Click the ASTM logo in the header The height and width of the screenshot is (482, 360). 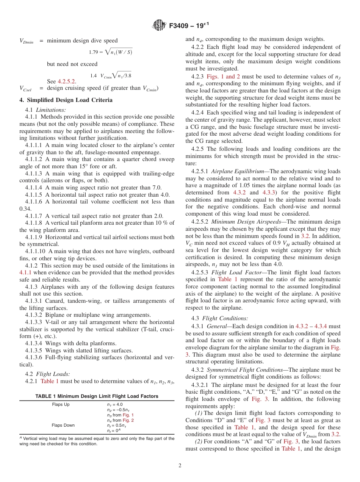(158, 25)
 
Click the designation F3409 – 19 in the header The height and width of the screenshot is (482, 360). (188, 26)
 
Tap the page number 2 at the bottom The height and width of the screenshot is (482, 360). (180, 466)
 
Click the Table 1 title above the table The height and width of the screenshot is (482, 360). (97, 396)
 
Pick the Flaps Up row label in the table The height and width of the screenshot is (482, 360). (61, 404)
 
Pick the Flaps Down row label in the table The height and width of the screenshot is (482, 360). (63, 425)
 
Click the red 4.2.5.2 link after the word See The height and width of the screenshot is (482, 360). (67, 81)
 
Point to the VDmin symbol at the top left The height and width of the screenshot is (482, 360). (26, 41)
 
